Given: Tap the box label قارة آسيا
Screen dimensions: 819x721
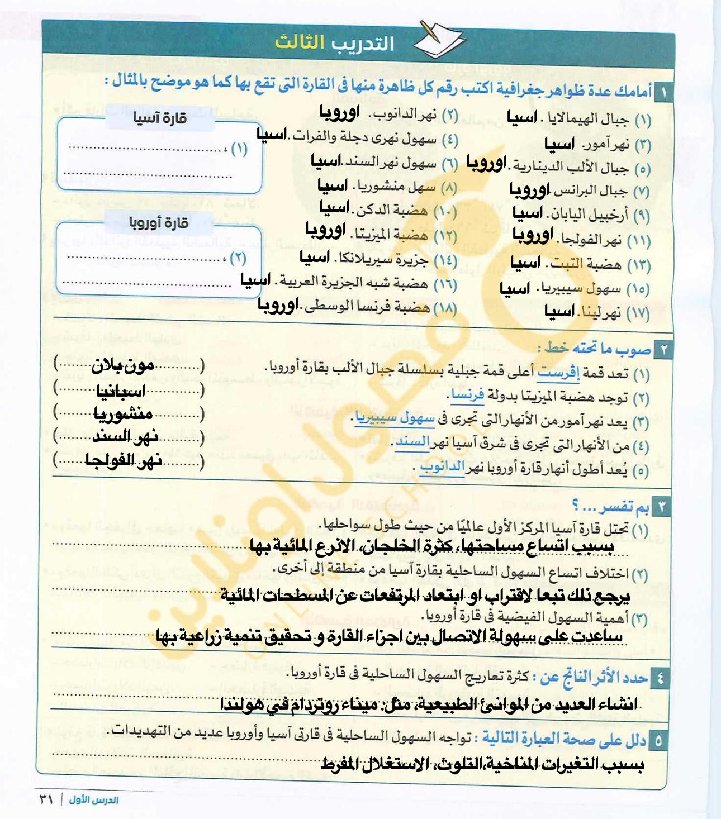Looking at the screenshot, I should point(159,118).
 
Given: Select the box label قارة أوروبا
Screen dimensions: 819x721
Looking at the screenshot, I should point(159,223).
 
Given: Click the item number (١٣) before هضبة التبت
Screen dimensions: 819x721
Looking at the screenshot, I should point(638,265).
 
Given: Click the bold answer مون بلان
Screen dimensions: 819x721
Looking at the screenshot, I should point(123,366).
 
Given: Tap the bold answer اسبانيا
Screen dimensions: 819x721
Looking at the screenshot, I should point(121,391).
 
